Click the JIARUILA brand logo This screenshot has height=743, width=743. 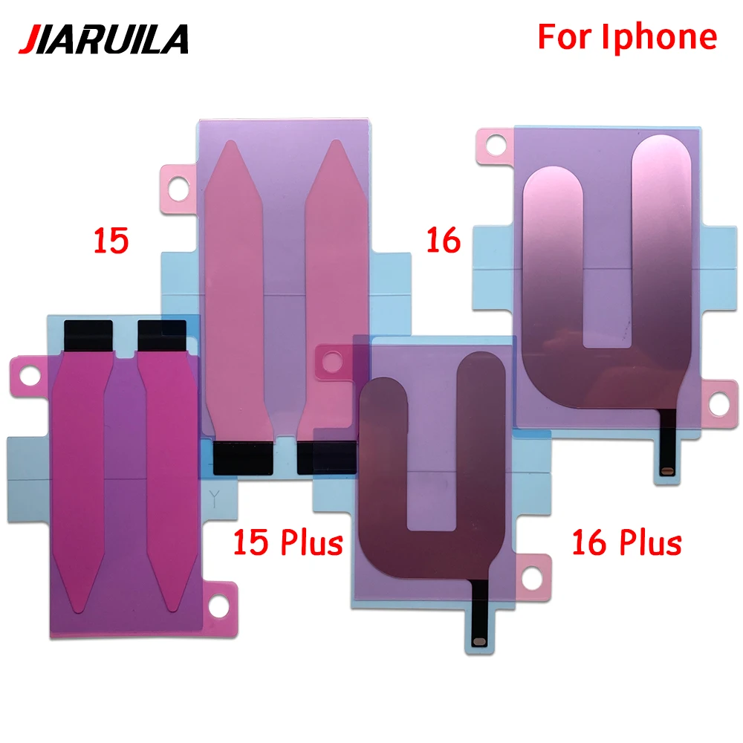tap(104, 39)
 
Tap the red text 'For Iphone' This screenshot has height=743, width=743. tap(627, 37)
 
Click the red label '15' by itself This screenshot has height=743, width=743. tap(111, 241)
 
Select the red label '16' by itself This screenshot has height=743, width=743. tap(444, 240)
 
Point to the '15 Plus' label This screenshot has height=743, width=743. tap(288, 542)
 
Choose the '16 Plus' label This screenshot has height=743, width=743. tap(627, 542)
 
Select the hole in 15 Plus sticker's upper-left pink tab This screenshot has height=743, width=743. tap(30, 376)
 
